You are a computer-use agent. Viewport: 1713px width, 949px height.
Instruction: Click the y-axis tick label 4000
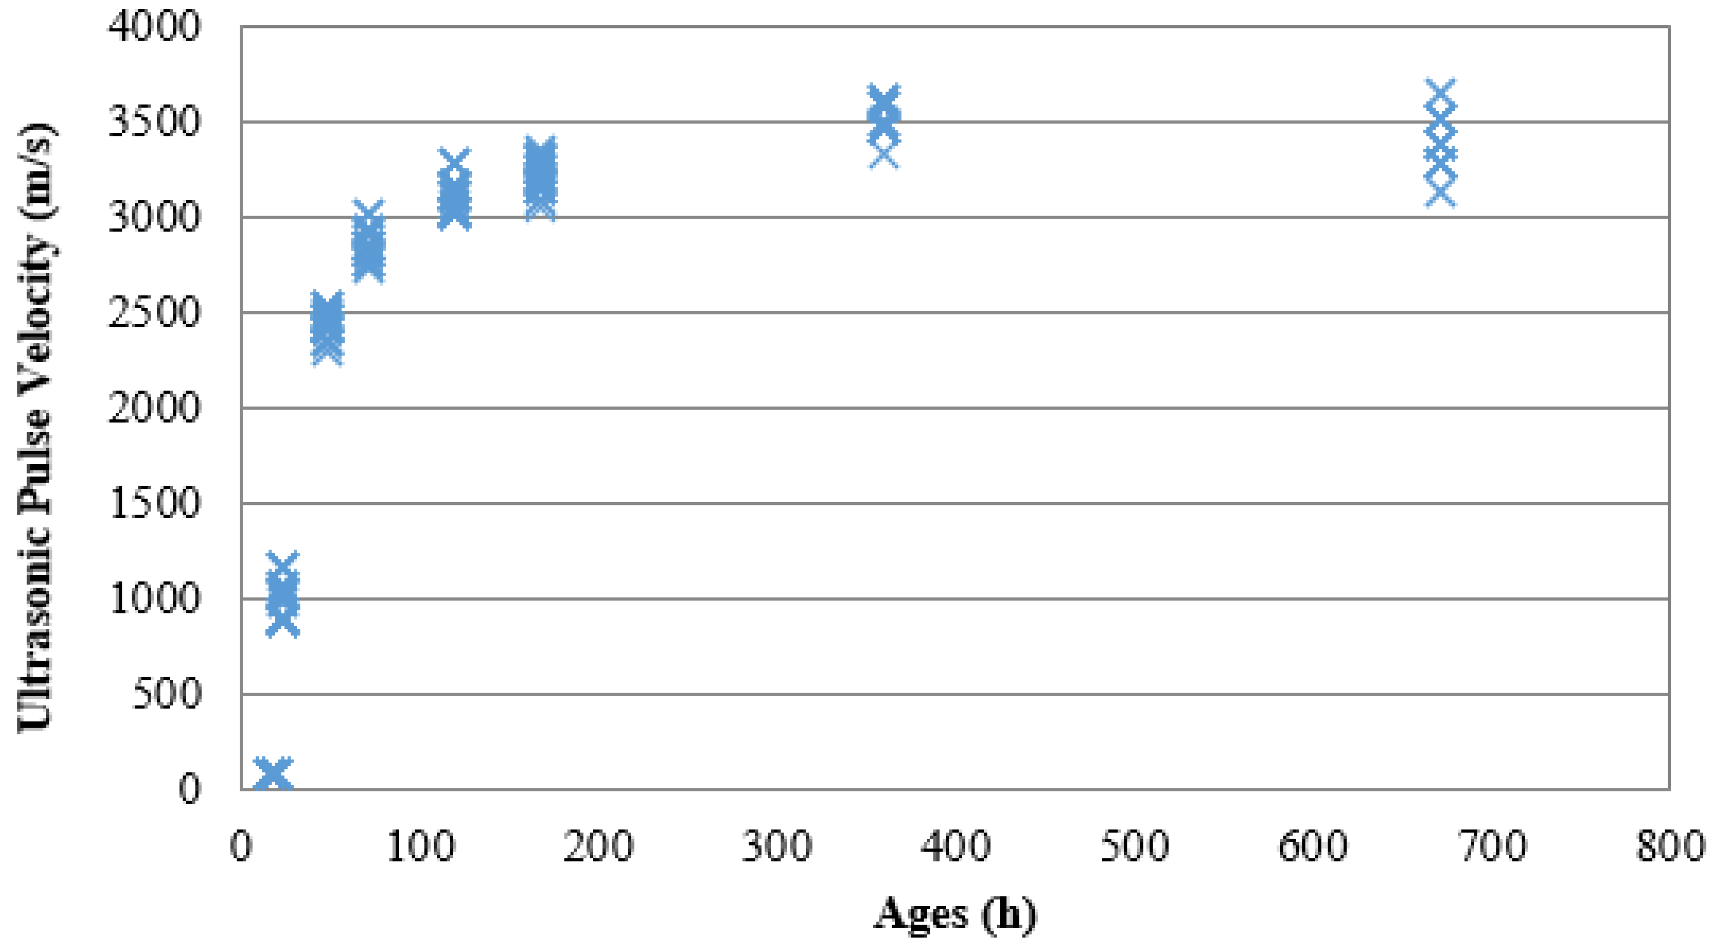pyautogui.click(x=153, y=28)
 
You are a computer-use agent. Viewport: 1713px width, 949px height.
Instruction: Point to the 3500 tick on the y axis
pyautogui.click(x=153, y=123)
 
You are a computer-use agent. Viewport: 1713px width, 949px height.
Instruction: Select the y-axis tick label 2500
pyautogui.click(x=153, y=313)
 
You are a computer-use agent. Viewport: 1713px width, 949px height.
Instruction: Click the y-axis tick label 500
pyautogui.click(x=166, y=694)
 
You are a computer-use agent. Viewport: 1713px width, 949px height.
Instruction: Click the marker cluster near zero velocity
pyautogui.click(x=273, y=774)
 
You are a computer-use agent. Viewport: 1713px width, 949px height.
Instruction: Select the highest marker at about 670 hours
pyautogui.click(x=1440, y=93)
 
